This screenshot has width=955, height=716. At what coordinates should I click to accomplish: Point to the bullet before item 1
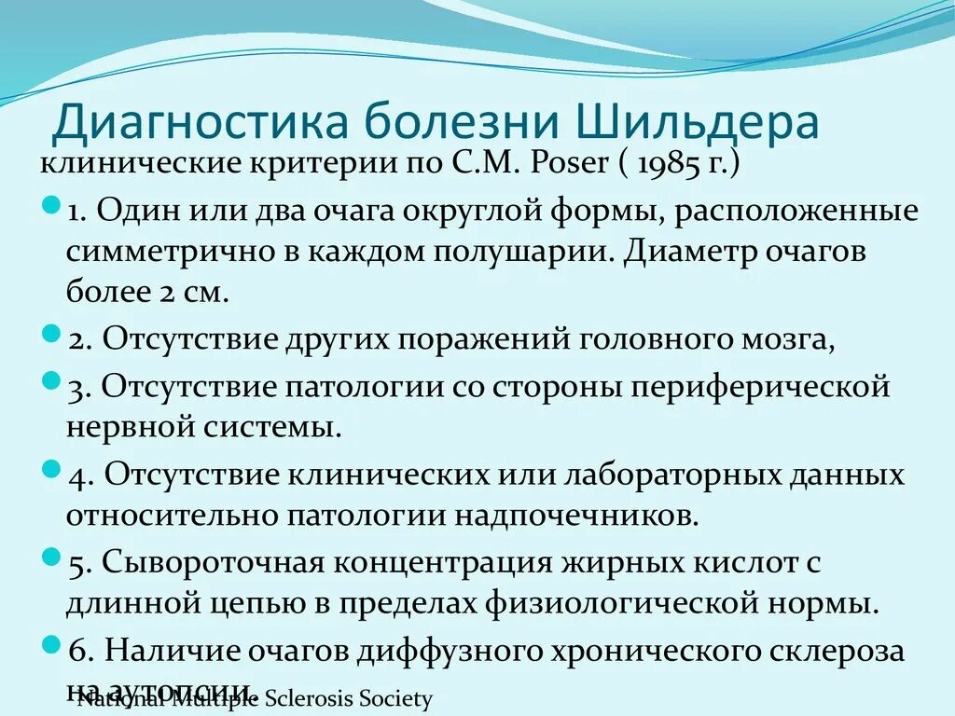[52, 203]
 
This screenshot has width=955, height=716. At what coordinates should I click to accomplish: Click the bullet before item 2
[52, 333]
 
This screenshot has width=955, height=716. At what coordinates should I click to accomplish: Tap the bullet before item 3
[52, 379]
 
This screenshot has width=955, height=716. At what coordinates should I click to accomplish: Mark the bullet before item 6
[52, 643]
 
